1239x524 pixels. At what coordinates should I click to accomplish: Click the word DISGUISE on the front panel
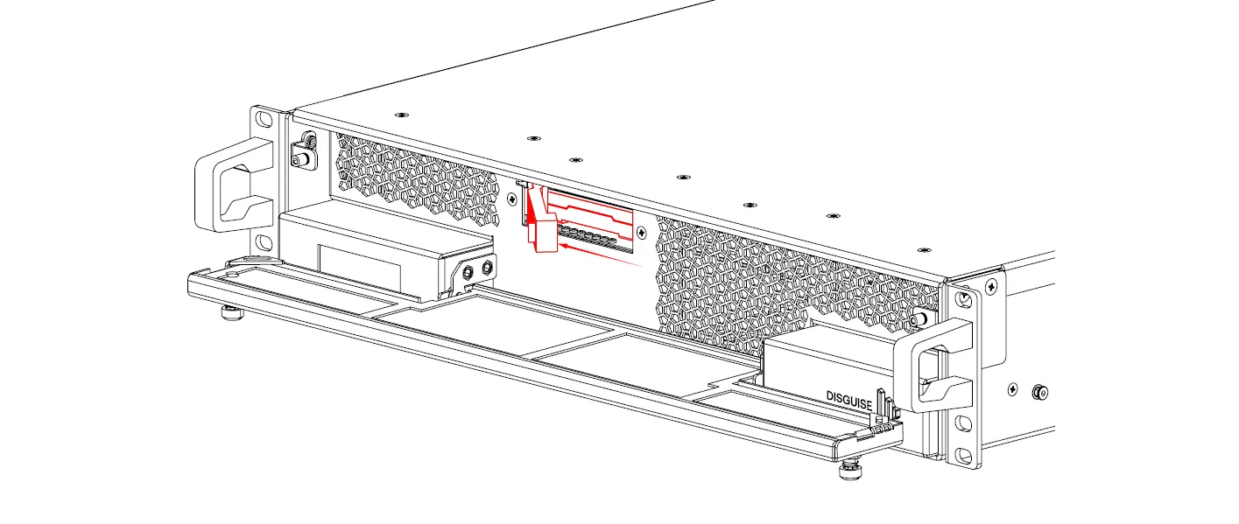click(848, 397)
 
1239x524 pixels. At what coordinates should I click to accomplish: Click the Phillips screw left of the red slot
click(511, 198)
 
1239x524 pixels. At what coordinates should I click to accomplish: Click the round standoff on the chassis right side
click(1038, 391)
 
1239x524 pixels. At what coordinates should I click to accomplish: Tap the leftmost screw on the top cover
click(400, 115)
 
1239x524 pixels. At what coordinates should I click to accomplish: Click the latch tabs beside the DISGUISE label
click(888, 408)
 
